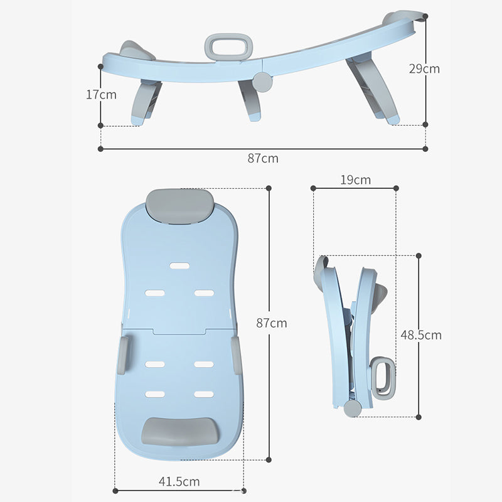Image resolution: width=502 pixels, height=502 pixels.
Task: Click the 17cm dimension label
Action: click(x=101, y=95)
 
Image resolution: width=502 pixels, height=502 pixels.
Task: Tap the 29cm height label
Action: click(x=424, y=68)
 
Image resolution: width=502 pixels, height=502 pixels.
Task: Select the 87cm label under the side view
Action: click(x=262, y=158)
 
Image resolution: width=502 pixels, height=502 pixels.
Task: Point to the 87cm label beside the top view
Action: click(x=272, y=323)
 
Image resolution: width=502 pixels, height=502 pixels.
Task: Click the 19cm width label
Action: click(x=355, y=180)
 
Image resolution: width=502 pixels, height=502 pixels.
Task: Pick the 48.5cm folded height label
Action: click(x=421, y=335)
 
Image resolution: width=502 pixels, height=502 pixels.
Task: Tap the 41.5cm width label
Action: click(x=179, y=482)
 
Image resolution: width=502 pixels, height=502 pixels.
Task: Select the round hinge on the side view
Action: click(x=262, y=80)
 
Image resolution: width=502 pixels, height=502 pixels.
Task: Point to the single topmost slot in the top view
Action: click(x=179, y=265)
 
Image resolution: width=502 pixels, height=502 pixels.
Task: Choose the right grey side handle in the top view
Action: click(x=237, y=354)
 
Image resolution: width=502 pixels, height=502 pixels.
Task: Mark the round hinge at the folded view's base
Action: click(x=353, y=409)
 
